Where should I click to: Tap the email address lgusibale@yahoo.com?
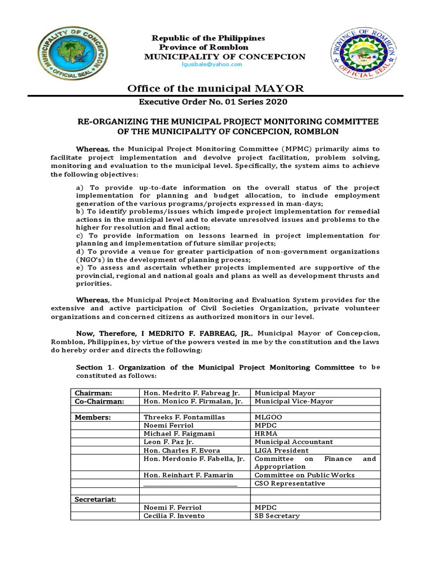point(211,65)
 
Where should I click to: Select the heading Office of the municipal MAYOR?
point(215,88)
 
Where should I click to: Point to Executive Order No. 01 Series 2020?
point(215,102)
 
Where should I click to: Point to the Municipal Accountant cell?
point(294,442)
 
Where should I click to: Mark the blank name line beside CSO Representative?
point(191,483)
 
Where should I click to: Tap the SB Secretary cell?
point(277,515)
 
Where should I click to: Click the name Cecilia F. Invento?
point(175,515)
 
